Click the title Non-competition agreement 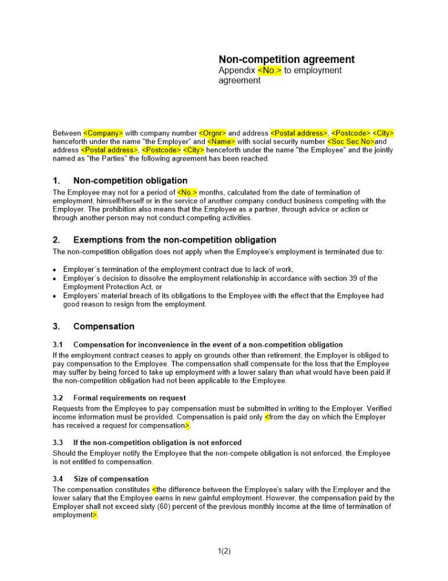point(286,59)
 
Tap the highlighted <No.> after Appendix point(270,70)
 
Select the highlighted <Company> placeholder point(103,133)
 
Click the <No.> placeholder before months point(187,192)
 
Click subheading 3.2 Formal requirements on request point(129,398)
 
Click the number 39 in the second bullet point(356,278)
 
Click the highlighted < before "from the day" point(267,417)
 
